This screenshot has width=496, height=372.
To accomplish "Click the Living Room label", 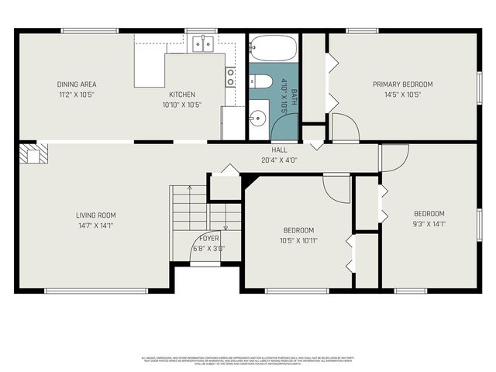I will [95, 215].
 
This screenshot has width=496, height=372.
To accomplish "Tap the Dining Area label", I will [76, 84].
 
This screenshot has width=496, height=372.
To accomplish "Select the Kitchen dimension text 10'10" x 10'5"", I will [182, 105].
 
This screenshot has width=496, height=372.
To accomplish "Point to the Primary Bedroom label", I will [402, 84].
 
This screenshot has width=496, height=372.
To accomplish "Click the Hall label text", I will [279, 150].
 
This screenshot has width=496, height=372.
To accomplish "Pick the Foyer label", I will [208, 238].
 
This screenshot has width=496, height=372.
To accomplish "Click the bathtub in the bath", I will [273, 48].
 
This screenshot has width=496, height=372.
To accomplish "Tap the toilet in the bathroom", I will [260, 81].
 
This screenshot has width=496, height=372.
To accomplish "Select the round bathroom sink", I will [257, 119].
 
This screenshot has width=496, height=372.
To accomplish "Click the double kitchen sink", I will [203, 44].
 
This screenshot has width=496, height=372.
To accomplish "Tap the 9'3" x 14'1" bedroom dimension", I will [429, 225].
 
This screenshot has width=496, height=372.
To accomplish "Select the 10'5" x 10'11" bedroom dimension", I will [298, 241].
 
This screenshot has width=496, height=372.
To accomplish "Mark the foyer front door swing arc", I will [203, 250].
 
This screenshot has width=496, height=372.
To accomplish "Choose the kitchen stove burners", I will [230, 77].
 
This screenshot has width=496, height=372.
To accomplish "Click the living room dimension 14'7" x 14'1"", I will [95, 226].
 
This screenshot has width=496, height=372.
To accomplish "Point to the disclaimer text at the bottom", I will [248, 360].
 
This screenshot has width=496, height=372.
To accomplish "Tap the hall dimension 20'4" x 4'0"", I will [279, 160].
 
